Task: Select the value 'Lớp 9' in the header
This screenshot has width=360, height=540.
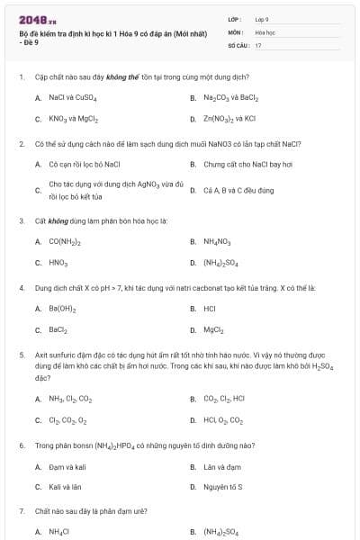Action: (x=262, y=19)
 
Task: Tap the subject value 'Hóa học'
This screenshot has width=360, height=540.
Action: (x=265, y=31)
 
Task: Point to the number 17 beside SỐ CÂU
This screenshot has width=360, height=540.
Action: (x=258, y=44)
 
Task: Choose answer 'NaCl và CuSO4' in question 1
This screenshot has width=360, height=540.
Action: (x=73, y=97)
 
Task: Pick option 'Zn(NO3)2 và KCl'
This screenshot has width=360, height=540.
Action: (x=229, y=118)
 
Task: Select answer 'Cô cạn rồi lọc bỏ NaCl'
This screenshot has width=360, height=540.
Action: (x=85, y=164)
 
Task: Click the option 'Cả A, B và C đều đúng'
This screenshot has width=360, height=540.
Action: (x=238, y=190)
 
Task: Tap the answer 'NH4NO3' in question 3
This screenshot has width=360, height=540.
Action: (x=218, y=241)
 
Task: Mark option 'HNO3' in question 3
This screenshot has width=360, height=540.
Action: (x=59, y=263)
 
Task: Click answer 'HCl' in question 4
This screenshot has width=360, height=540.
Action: (x=210, y=309)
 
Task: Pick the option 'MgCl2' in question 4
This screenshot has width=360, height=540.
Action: (x=213, y=329)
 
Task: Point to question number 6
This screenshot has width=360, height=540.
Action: (x=21, y=445)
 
